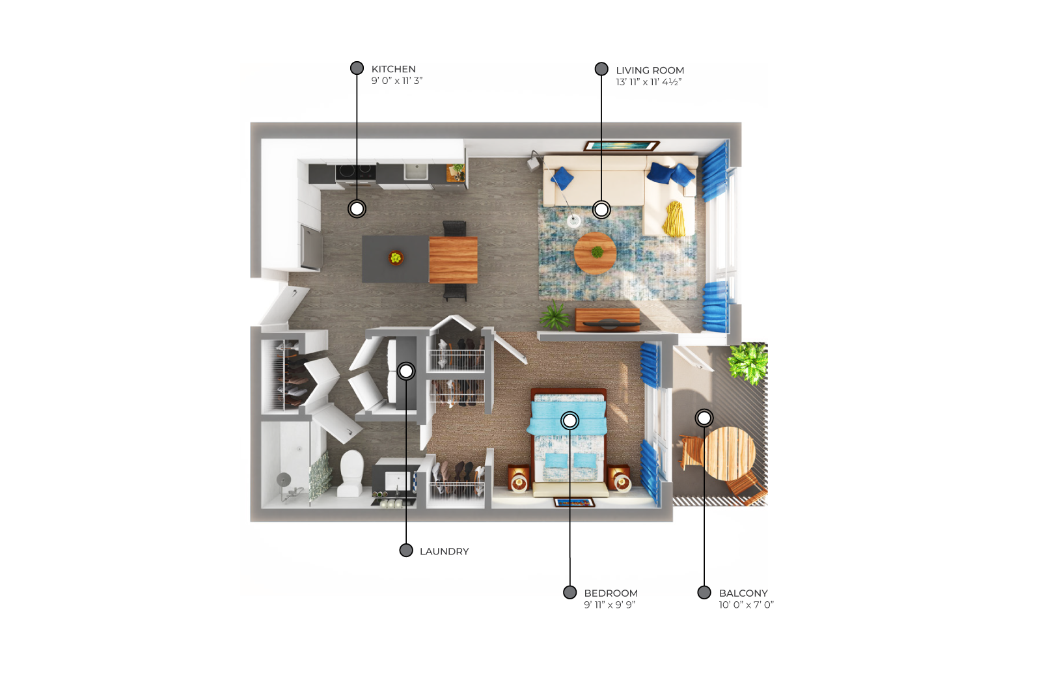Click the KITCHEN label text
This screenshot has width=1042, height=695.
(393, 69)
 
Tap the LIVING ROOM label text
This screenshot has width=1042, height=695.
(650, 70)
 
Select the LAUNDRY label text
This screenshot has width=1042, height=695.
(445, 551)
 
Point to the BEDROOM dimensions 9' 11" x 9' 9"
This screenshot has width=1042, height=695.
(609, 605)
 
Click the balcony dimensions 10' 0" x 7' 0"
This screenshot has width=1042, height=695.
(746, 605)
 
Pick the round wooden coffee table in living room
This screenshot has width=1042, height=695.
(596, 254)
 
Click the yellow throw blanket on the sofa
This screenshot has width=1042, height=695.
(674, 219)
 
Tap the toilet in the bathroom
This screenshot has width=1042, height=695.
(351, 472)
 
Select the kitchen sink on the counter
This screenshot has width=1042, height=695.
(415, 171)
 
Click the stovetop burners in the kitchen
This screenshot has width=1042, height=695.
(356, 171)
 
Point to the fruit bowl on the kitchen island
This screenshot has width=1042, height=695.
(396, 257)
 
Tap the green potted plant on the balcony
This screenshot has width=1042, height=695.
(748, 363)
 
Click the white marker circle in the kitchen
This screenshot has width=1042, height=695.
(357, 209)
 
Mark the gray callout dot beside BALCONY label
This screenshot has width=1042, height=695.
(704, 593)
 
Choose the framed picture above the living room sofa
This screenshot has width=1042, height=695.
(622, 146)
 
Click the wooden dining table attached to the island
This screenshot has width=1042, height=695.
(453, 260)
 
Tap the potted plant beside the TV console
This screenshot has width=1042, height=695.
(555, 316)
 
